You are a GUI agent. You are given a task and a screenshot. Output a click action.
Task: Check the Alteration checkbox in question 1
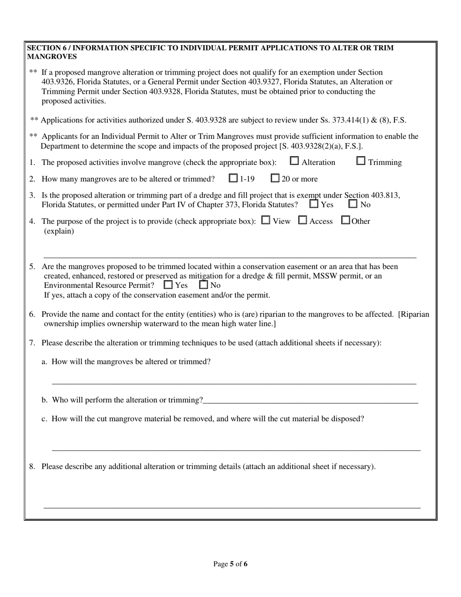pyautogui.click(x=294, y=161)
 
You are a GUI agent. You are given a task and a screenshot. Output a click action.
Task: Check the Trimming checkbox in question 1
pyautogui.click(x=361, y=161)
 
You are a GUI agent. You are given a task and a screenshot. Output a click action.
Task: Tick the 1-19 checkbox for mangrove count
pyautogui.click(x=233, y=178)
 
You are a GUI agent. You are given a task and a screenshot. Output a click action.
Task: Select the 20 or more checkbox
pyautogui.click(x=275, y=178)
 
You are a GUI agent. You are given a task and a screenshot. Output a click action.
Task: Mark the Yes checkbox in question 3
pyautogui.click(x=314, y=204)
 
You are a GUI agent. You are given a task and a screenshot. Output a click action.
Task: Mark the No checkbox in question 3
pyautogui.click(x=353, y=204)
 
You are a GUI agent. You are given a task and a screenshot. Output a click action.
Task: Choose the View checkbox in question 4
pyautogui.click(x=265, y=220)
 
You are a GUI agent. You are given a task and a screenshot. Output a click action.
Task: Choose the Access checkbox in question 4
pyautogui.click(x=302, y=220)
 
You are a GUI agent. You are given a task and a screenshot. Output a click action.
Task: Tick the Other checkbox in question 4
pyautogui.click(x=346, y=220)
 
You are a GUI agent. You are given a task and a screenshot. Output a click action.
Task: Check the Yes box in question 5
pyautogui.click(x=168, y=285)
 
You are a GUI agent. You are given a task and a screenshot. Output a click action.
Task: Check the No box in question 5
pyautogui.click(x=204, y=285)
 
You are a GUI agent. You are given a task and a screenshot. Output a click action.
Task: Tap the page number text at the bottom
pyautogui.click(x=230, y=564)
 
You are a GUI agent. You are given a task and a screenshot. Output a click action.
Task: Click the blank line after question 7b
pyautogui.click(x=311, y=400)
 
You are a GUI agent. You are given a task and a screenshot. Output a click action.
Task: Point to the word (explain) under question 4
pyautogui.click(x=59, y=231)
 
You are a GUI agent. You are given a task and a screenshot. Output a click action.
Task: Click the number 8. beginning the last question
pyautogui.click(x=32, y=466)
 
